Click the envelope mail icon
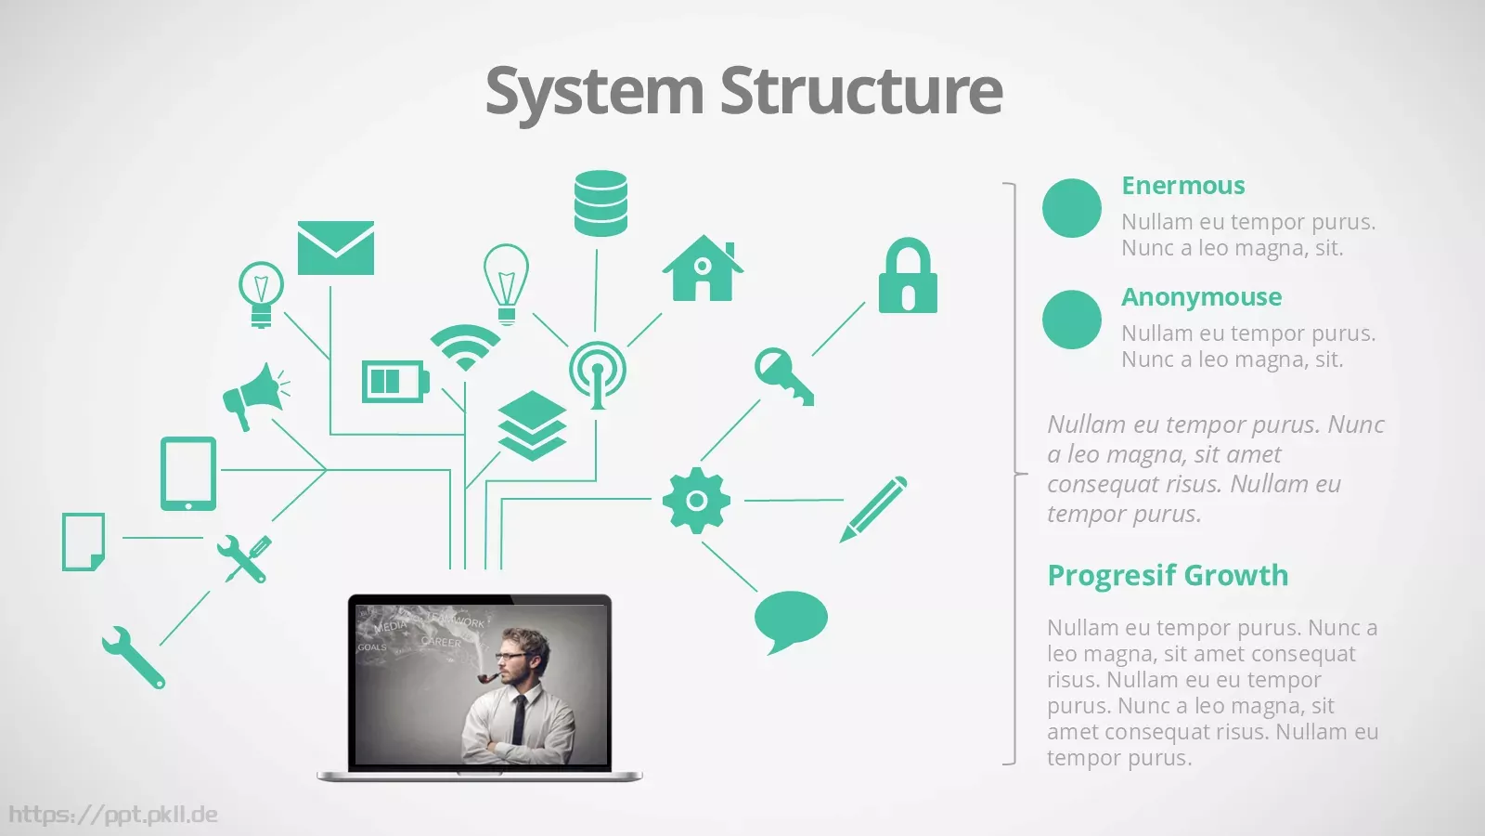pos(335,247)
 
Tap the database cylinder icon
pos(600,203)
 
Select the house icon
pos(703,268)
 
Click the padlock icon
pos(908,275)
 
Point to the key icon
pos(783,375)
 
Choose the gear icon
pos(696,501)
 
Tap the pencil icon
pos(873,509)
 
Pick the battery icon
pos(395,382)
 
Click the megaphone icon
pos(256,397)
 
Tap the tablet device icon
pos(188,474)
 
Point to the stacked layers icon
pos(532,426)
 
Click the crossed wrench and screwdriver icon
pos(244,558)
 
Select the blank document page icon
pos(83,542)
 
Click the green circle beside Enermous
pos(1071,208)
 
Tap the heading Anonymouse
pos(1201,296)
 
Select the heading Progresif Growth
pos(1168,575)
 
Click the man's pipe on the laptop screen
pos(487,677)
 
